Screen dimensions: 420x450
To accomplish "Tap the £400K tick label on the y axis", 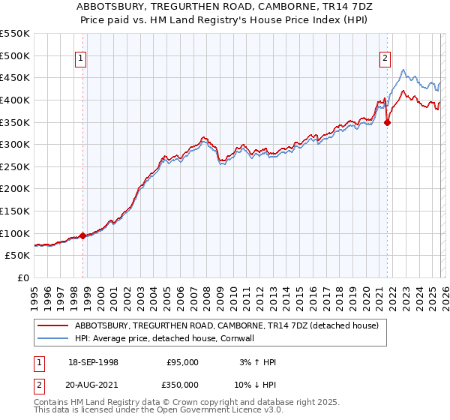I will (x=15, y=100).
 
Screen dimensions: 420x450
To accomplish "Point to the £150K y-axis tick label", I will (x=15, y=211).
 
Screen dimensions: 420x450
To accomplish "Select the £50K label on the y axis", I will (x=18, y=256).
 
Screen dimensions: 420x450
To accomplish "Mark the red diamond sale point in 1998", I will (x=82, y=235).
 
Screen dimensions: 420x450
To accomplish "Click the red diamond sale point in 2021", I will (x=388, y=122).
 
